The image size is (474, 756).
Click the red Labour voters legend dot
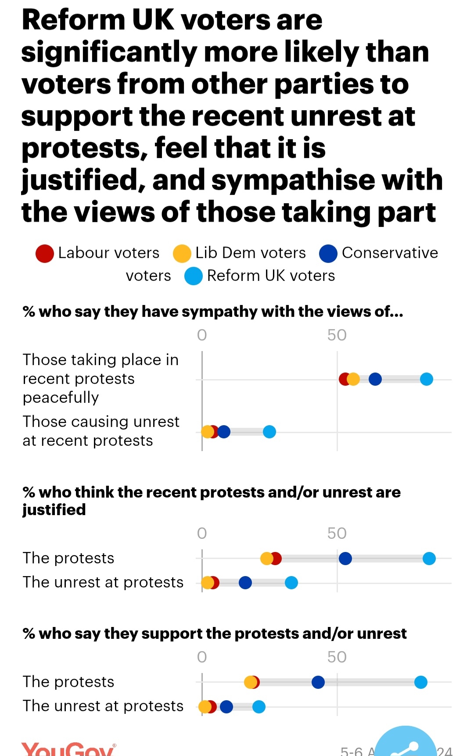(45, 254)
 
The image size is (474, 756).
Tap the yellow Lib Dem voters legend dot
(182, 254)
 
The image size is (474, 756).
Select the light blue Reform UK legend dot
(194, 276)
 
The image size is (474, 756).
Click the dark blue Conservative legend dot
(328, 254)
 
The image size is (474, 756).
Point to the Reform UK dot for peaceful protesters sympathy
(426, 379)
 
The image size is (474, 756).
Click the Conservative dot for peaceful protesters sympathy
(375, 379)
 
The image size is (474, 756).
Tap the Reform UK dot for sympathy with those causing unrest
(269, 432)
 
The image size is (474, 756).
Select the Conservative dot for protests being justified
(345, 559)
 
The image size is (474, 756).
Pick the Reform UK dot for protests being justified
(429, 559)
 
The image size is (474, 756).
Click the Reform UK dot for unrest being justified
(291, 583)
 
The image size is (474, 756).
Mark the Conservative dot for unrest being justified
(245, 583)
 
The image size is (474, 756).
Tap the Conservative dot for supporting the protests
(318, 682)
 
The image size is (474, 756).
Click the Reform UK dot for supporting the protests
(420, 682)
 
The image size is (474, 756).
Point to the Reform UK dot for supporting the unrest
(259, 707)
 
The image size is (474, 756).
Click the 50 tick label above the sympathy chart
(337, 335)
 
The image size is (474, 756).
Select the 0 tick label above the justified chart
(202, 534)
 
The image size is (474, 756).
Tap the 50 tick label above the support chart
(337, 657)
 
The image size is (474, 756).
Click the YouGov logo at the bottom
(68, 749)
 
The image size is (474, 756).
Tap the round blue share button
(406, 744)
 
